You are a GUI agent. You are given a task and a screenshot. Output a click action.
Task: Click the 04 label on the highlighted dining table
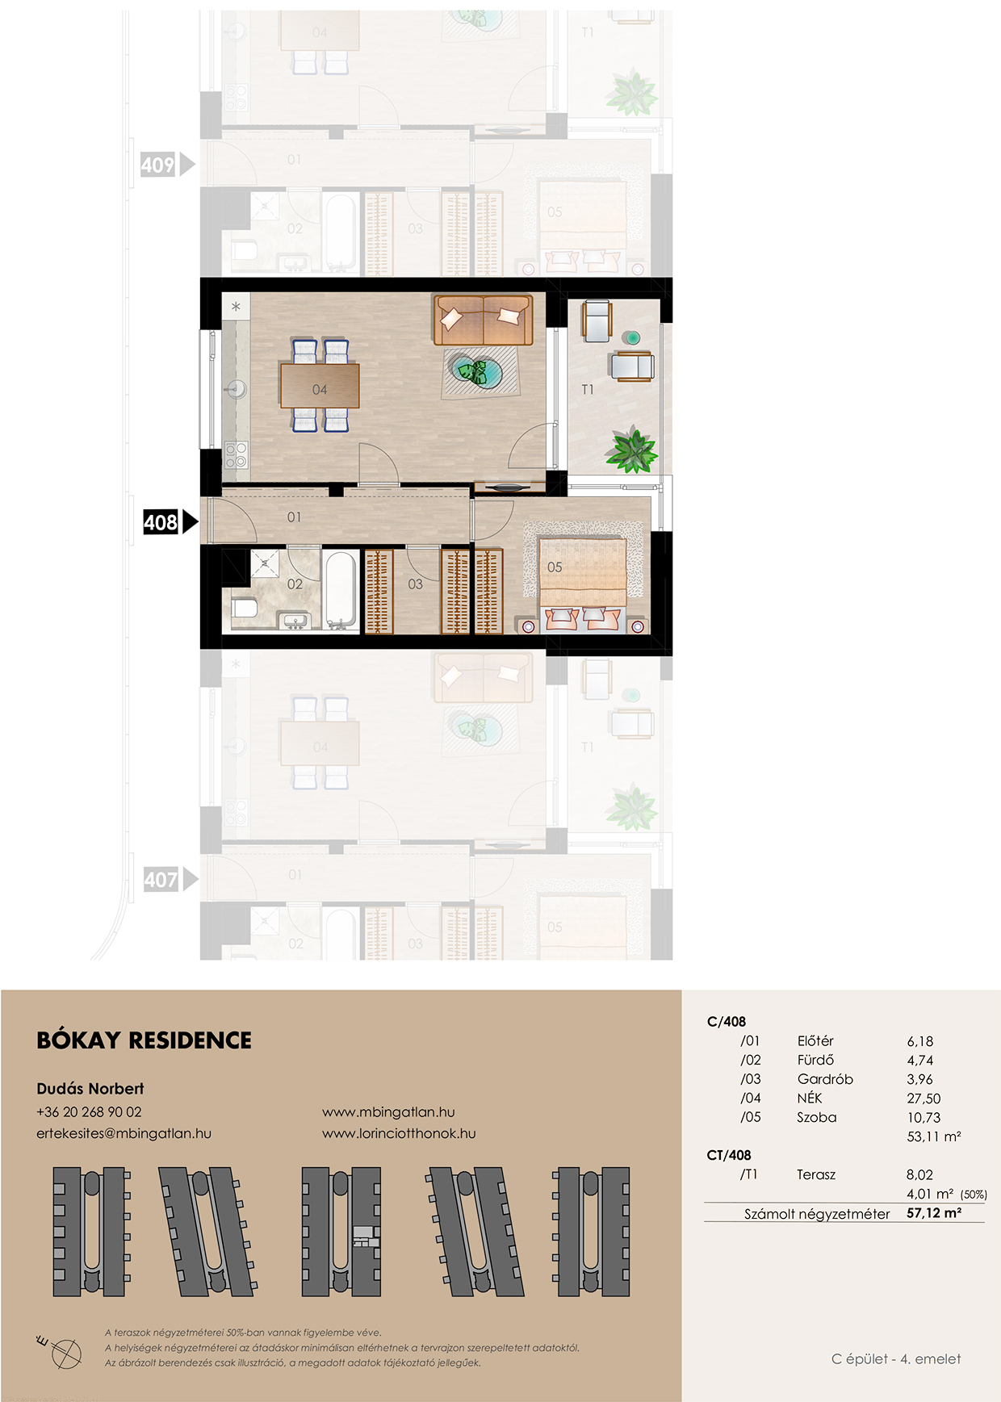[320, 390]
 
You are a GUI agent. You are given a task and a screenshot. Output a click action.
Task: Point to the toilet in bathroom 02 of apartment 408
[244, 607]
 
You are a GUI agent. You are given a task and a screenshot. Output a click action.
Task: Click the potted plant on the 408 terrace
[632, 450]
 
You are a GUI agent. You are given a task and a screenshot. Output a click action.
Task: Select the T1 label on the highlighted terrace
[588, 390]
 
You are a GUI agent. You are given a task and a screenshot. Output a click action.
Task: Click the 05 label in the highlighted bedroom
[555, 567]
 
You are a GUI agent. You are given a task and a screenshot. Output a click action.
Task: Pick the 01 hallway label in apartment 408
[294, 517]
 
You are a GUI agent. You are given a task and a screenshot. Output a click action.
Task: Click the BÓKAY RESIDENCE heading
[144, 1040]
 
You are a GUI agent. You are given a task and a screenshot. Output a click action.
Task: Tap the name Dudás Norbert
[90, 1089]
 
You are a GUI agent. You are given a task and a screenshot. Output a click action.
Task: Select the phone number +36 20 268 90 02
[89, 1112]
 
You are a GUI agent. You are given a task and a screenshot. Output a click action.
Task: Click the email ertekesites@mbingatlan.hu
[124, 1133]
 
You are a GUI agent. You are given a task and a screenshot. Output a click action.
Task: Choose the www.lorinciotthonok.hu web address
[399, 1133]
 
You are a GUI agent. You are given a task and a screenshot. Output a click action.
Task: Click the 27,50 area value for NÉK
[924, 1099]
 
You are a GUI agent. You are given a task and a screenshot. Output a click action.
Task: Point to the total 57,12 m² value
[934, 1213]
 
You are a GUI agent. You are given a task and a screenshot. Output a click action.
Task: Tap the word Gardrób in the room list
[825, 1079]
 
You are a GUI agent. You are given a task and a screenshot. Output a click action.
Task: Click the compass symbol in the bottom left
[63, 1350]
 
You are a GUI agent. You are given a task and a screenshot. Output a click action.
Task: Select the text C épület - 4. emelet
[896, 1359]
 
